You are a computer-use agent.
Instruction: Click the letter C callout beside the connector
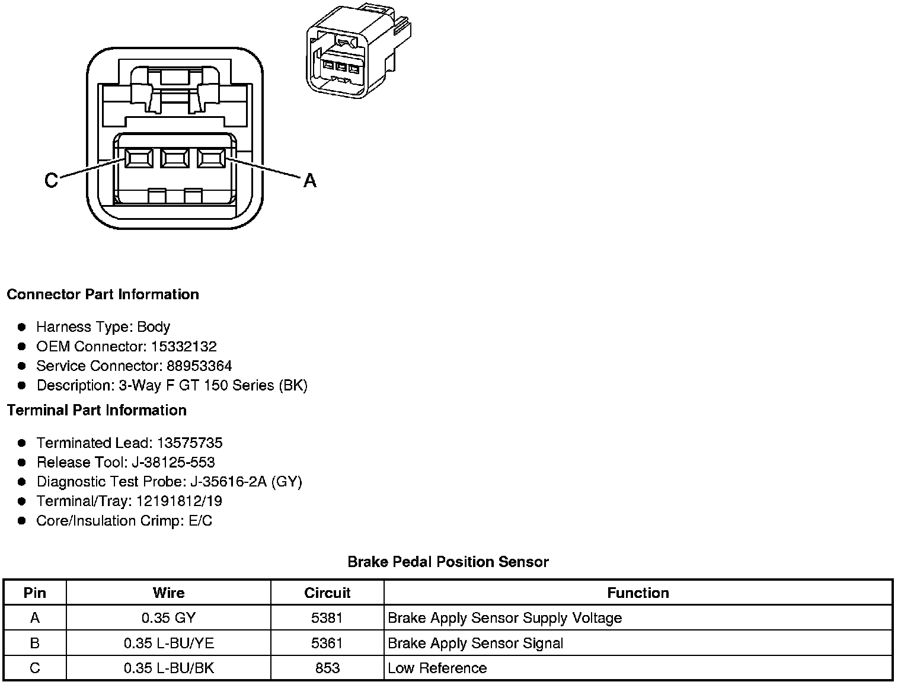[52, 180]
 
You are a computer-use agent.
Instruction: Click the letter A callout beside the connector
[309, 180]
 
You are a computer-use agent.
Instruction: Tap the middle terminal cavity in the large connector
[174, 158]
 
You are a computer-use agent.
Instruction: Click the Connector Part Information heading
[103, 295]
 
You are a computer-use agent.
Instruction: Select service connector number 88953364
[199, 366]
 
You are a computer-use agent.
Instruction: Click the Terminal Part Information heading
[97, 411]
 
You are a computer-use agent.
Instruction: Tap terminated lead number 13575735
[190, 443]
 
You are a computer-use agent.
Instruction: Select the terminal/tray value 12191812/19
[179, 502]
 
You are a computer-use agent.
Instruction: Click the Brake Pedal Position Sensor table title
[448, 562]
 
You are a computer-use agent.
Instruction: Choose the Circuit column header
[327, 593]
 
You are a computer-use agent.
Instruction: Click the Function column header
[638, 593]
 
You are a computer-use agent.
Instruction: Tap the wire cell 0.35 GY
[168, 619]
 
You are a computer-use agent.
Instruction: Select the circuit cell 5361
[327, 644]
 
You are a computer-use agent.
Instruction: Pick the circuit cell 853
[327, 668]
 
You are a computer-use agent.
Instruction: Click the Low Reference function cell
[437, 668]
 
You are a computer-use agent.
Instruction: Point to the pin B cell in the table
[35, 644]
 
